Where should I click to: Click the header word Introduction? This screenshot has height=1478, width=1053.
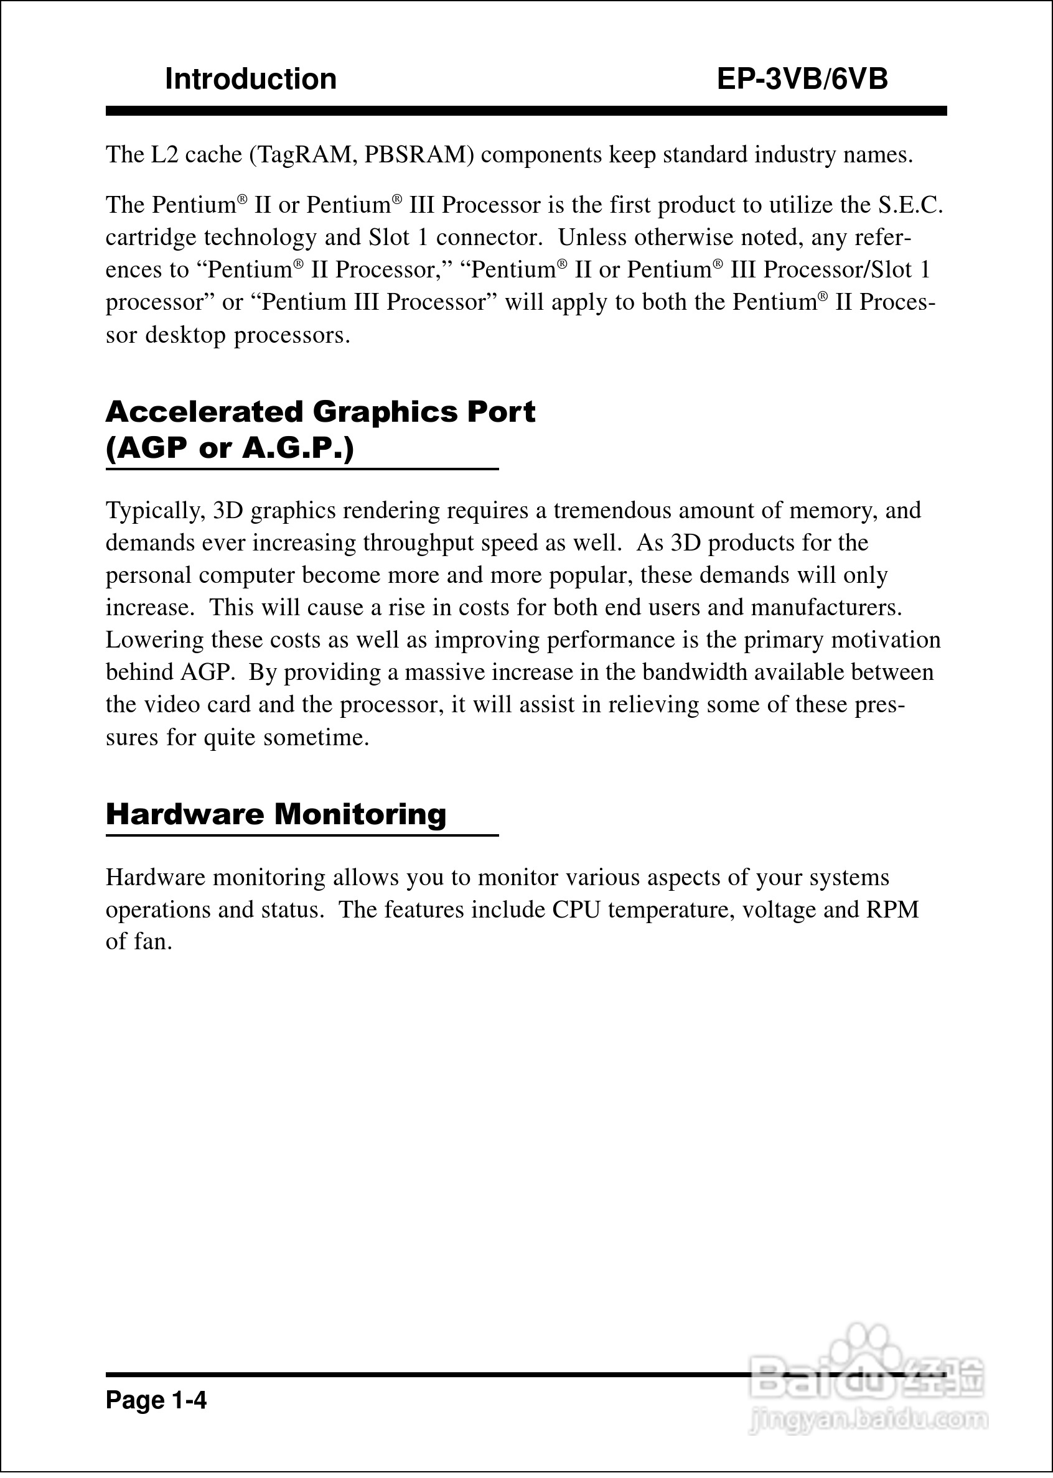tap(251, 79)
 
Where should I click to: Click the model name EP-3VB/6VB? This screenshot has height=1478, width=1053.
tap(802, 79)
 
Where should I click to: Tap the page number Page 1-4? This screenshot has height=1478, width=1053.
tap(156, 1400)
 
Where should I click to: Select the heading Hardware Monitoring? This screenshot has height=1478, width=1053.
tap(276, 814)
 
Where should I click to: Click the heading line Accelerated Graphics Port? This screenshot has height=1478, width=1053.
tap(321, 411)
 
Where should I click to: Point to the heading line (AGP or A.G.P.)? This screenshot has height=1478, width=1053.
tap(230, 448)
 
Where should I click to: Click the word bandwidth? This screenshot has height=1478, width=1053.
tap(695, 672)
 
